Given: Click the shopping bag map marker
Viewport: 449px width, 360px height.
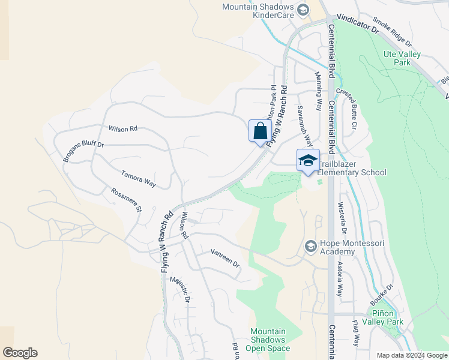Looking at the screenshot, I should [260, 131].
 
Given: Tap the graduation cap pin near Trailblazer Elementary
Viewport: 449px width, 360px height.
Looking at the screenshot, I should [308, 161].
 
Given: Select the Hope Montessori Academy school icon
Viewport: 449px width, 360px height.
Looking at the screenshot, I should [310, 246].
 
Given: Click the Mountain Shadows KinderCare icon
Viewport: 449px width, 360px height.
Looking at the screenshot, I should [303, 10].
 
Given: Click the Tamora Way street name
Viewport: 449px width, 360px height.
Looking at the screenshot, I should [138, 179].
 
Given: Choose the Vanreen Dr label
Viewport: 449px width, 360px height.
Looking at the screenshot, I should [224, 259].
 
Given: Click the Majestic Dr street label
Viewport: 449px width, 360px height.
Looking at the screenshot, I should [179, 289].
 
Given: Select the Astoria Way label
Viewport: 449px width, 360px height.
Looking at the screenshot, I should [339, 279].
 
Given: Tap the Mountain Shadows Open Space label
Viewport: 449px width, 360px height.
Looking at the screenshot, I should [268, 340].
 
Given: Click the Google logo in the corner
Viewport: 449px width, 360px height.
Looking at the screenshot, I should [20, 353].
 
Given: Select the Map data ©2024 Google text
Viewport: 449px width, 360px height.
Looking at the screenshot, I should [411, 355].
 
